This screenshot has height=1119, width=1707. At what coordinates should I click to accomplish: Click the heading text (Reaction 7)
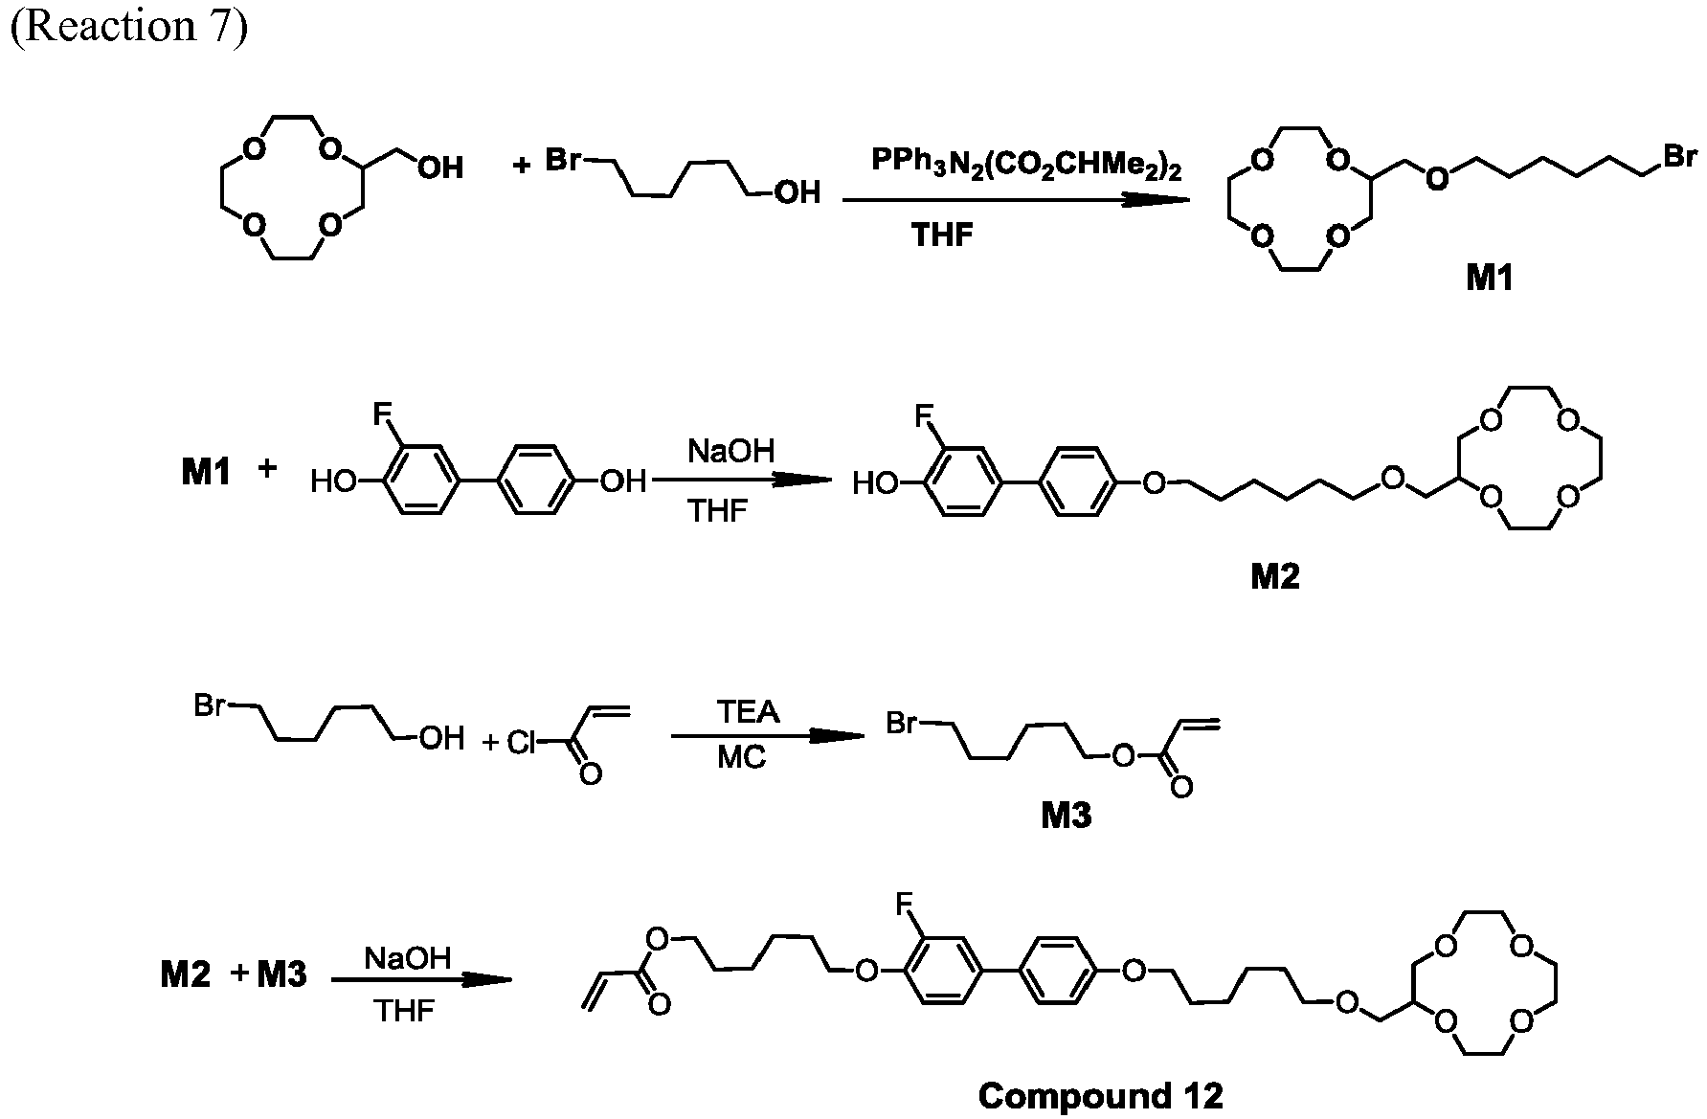(128, 27)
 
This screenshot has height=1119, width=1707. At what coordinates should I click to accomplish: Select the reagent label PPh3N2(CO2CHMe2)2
(1026, 164)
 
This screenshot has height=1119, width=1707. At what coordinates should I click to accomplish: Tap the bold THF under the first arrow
(943, 235)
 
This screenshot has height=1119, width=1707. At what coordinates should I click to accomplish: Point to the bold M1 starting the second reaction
(207, 472)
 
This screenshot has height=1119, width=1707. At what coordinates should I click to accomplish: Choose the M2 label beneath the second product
(1274, 575)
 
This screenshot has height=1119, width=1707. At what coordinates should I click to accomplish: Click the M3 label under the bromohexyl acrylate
(1066, 815)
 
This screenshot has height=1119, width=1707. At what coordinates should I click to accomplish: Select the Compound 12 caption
(1101, 1095)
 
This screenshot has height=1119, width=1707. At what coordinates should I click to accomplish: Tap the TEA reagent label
(748, 712)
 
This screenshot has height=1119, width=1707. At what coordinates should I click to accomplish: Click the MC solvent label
(742, 758)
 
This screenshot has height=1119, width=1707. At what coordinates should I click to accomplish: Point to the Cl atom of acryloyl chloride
(521, 743)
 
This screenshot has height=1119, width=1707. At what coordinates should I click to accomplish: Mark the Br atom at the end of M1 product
(1680, 156)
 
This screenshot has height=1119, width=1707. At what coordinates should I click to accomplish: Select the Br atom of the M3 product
(903, 723)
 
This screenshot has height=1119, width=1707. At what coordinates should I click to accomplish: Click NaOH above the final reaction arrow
(407, 958)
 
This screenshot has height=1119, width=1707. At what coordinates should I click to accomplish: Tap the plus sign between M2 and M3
(239, 974)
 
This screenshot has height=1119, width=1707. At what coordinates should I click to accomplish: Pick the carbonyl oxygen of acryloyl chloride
(591, 773)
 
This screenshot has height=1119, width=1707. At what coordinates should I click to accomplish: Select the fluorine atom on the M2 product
(924, 416)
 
